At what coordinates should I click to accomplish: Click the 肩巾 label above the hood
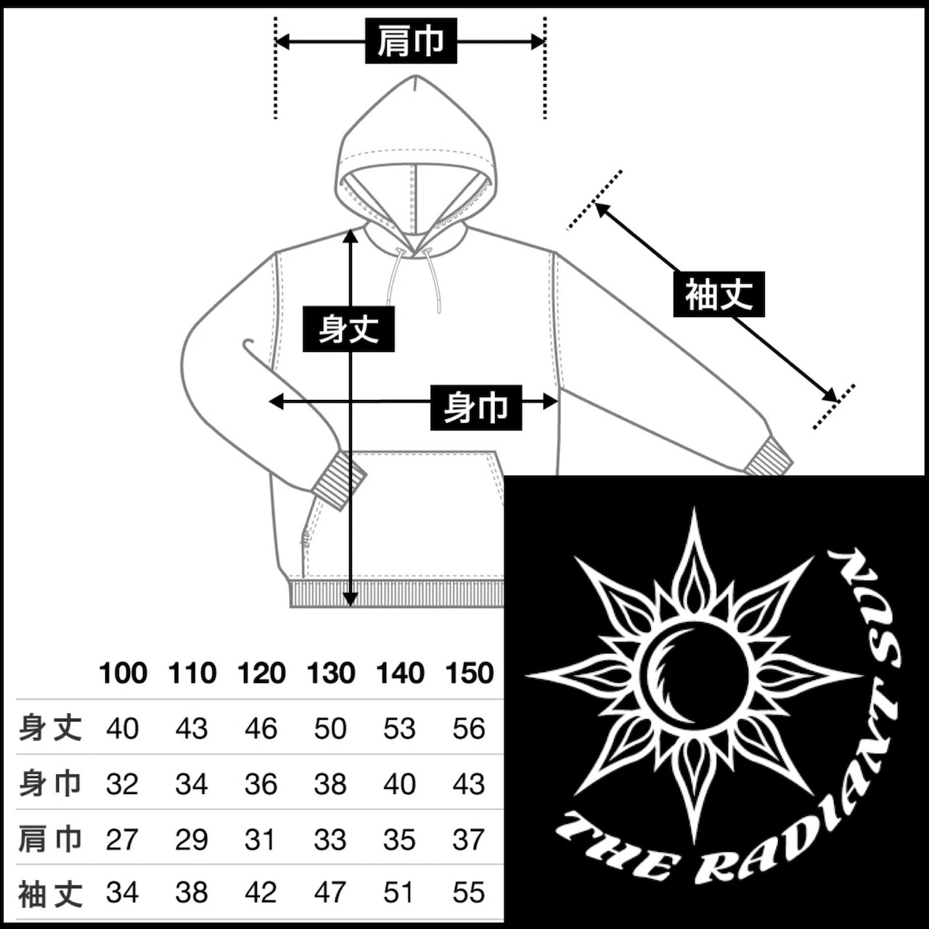(411, 41)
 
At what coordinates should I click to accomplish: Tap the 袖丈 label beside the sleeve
(719, 294)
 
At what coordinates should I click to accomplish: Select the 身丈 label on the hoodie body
(348, 329)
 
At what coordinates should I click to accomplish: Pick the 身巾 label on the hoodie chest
(476, 407)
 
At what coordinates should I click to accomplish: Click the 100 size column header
(123, 673)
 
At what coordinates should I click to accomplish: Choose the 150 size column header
(470, 673)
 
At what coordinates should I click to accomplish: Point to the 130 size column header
(331, 673)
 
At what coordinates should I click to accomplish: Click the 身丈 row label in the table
(50, 728)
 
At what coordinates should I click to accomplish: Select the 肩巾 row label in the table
(50, 839)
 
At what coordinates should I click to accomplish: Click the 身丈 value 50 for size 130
(330, 729)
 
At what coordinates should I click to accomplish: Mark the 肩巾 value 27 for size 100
(122, 839)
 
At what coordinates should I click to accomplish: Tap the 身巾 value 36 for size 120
(261, 784)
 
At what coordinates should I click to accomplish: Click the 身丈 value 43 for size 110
(192, 729)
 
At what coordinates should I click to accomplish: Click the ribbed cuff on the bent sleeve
(340, 480)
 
